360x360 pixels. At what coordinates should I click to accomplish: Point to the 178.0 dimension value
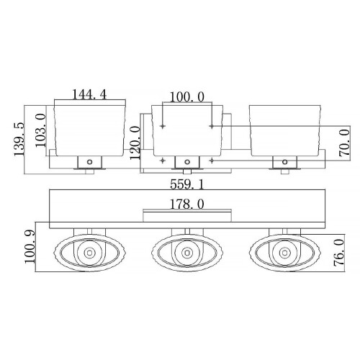(x=186, y=204)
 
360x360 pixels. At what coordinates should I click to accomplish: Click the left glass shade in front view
(x=90, y=131)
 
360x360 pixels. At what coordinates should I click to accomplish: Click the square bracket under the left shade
(x=90, y=163)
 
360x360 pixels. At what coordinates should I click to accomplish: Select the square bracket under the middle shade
(x=186, y=163)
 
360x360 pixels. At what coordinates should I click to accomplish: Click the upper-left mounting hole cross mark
(x=163, y=127)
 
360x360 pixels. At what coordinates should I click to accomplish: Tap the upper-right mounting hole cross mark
(x=211, y=127)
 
